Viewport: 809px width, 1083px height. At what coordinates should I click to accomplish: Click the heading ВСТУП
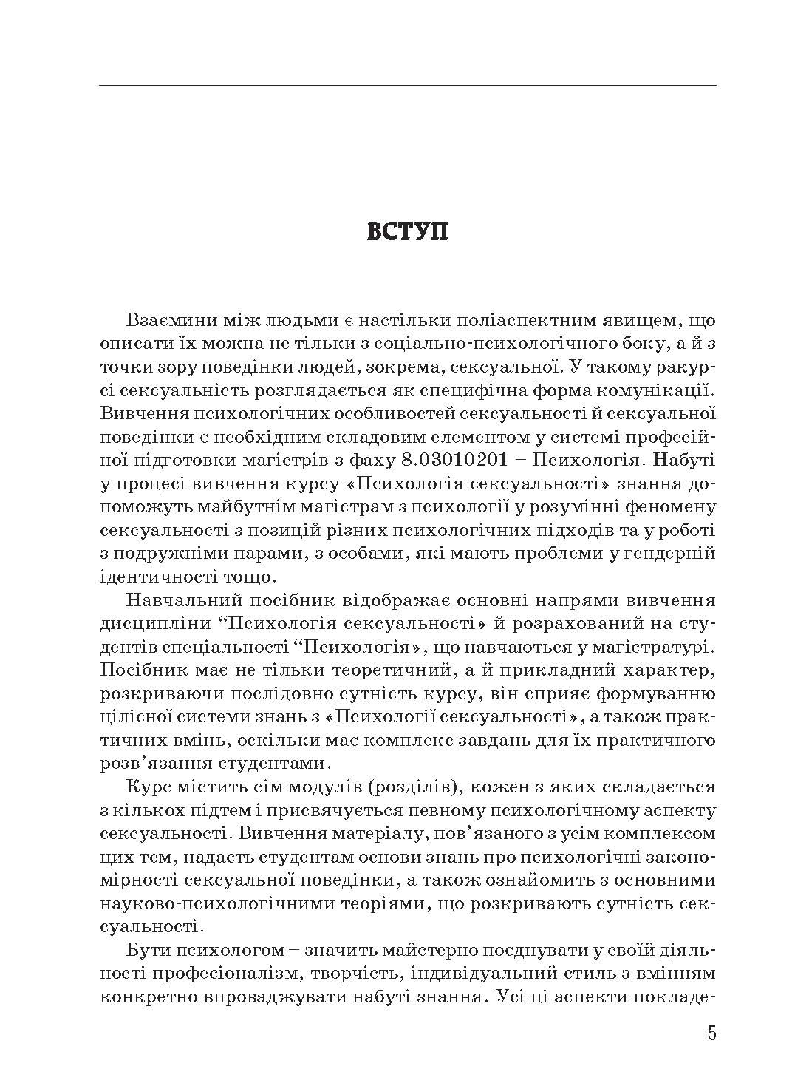tap(407, 231)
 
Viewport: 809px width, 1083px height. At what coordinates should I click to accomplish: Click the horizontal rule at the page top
tap(407, 86)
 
